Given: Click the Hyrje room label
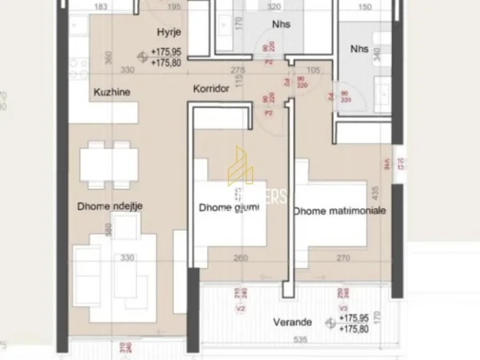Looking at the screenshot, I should [x=168, y=32].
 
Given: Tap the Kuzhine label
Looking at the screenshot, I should [x=111, y=91].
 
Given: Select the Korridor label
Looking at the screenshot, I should [x=211, y=90].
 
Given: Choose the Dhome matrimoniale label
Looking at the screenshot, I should [x=339, y=210].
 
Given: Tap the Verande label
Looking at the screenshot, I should [x=295, y=322].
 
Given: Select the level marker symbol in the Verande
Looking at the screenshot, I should [x=329, y=322].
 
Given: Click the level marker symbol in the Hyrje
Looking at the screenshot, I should [x=142, y=56].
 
